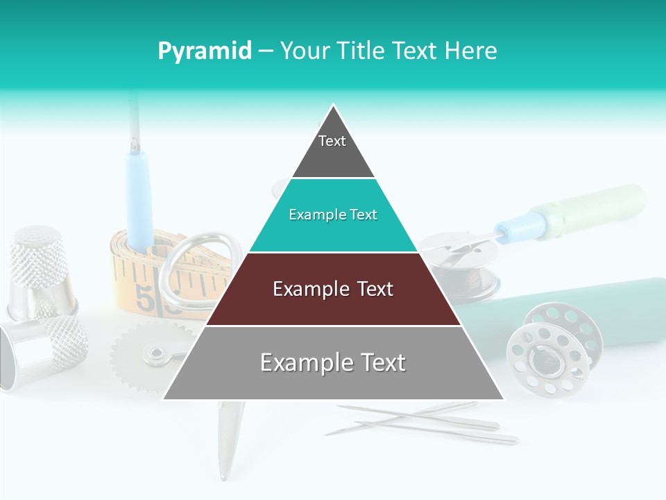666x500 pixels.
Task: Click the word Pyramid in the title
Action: coord(205,51)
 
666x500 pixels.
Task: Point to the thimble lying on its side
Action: coord(42,351)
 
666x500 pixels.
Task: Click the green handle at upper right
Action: coord(604,208)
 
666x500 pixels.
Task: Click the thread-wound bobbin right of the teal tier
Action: coord(465,271)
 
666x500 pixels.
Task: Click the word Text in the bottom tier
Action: coord(377,362)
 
